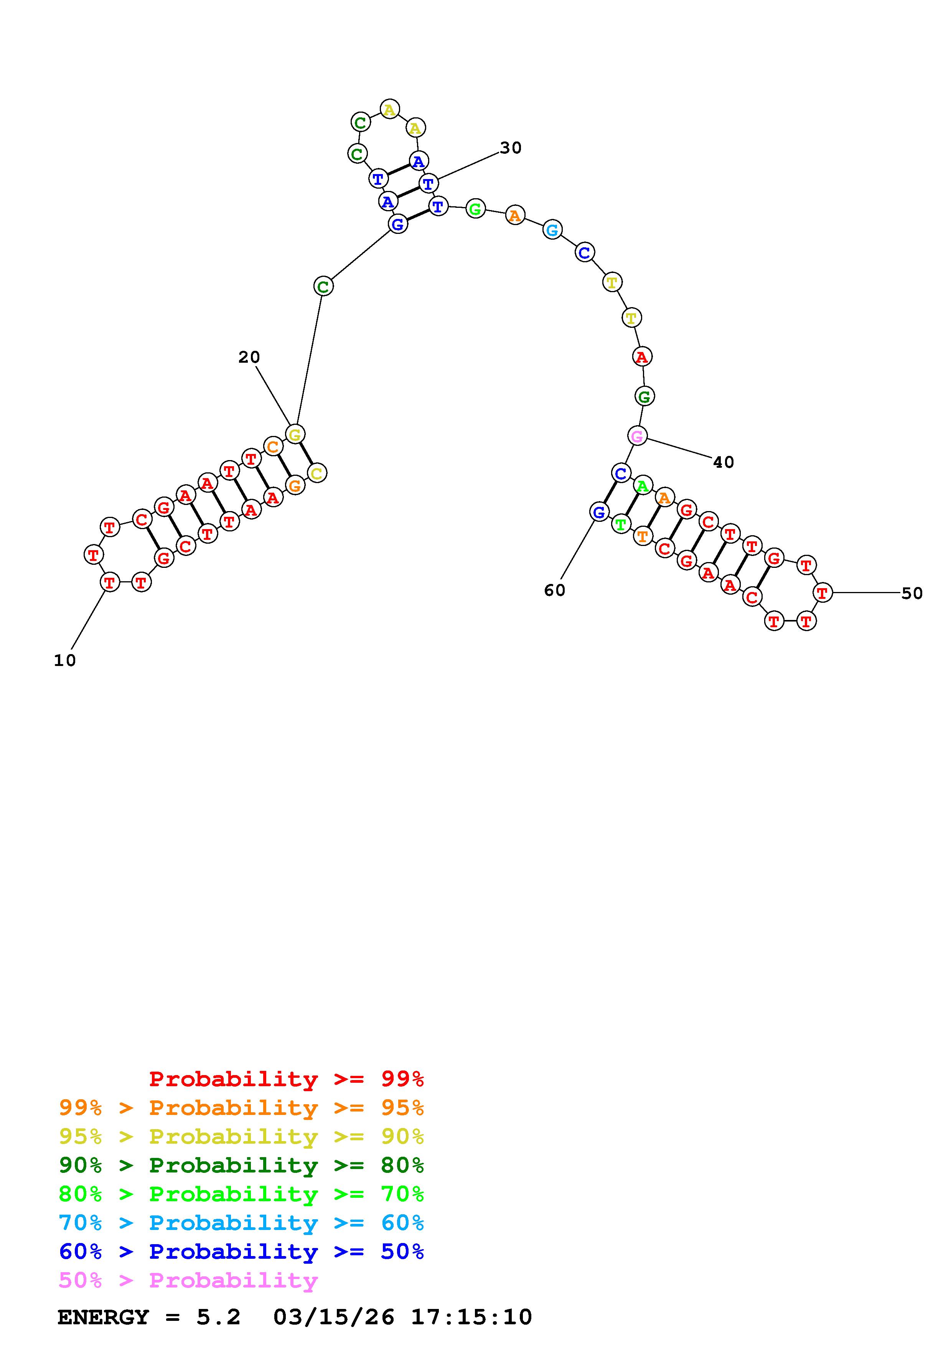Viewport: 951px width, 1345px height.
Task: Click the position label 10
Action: tap(65, 661)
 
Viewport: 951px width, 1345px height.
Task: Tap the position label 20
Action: tap(249, 357)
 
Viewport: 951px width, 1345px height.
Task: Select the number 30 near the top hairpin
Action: tap(511, 148)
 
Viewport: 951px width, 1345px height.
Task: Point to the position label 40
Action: tap(724, 463)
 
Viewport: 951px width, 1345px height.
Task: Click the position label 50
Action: tap(912, 594)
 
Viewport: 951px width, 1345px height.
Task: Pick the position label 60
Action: tap(555, 590)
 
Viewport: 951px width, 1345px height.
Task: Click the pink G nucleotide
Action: tap(637, 436)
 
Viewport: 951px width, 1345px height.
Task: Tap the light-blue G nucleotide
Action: tap(552, 230)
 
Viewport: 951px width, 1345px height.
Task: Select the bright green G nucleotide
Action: tap(475, 209)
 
